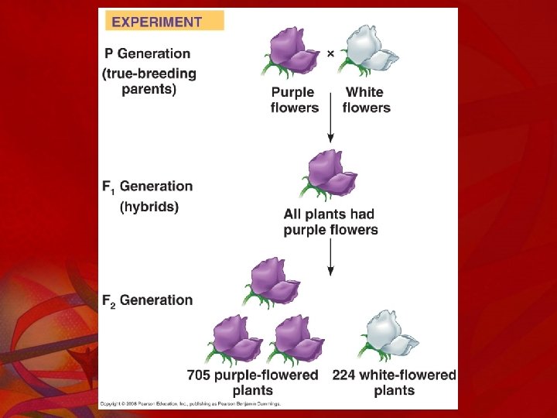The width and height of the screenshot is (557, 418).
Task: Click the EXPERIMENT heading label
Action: click(157, 22)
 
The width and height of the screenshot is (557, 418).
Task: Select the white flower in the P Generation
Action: click(368, 51)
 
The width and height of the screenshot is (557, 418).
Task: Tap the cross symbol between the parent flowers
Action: click(330, 53)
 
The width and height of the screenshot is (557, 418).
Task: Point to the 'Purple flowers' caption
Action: click(294, 100)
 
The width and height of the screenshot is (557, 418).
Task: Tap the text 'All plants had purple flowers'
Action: click(330, 222)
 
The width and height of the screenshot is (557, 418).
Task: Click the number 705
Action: click(202, 375)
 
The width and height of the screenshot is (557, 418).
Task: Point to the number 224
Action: click(347, 375)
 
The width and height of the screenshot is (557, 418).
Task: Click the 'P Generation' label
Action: click(148, 54)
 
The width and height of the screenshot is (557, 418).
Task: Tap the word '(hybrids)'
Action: click(149, 207)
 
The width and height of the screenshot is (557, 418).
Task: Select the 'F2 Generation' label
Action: click(147, 300)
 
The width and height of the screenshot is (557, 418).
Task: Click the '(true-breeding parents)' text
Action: click(149, 81)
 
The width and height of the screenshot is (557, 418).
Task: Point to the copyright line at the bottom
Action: click(190, 403)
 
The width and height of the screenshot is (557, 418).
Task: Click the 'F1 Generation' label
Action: click(147, 187)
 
